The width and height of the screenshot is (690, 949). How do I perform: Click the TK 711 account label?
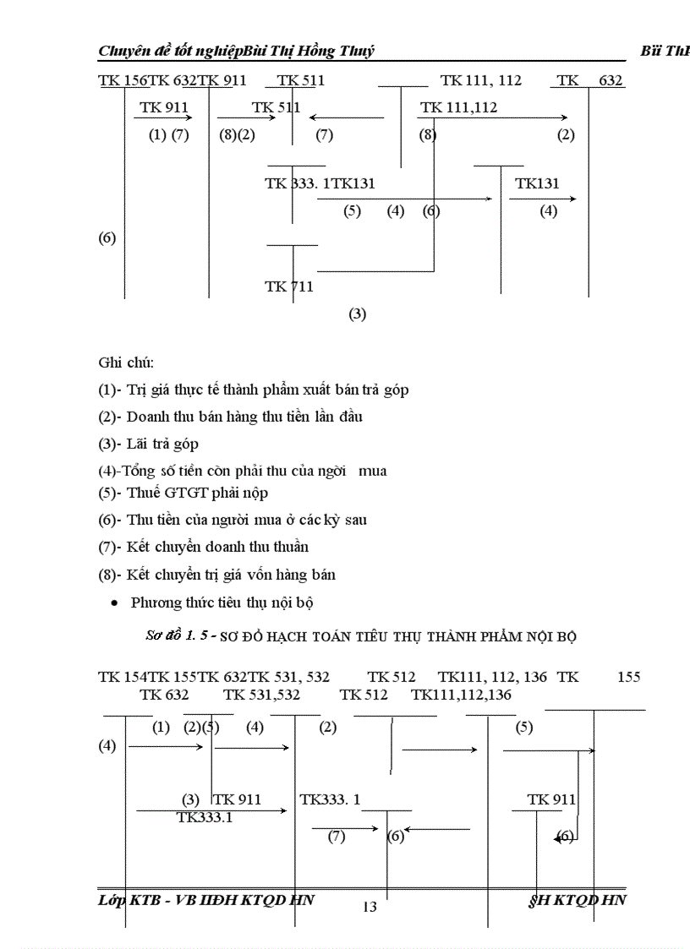pos(289,286)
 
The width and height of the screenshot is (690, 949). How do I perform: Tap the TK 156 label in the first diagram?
pos(123,81)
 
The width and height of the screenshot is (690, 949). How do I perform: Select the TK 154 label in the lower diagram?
pos(123,677)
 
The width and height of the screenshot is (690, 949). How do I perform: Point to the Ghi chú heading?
pos(126,363)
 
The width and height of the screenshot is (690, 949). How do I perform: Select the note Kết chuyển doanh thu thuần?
pos(204,547)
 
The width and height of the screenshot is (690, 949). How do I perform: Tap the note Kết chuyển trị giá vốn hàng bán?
pos(217,575)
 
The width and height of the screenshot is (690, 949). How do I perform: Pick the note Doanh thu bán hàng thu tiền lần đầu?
pos(231,417)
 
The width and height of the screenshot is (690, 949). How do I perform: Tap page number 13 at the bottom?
pos(370,907)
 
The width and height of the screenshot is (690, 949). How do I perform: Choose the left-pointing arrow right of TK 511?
pos(346,118)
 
